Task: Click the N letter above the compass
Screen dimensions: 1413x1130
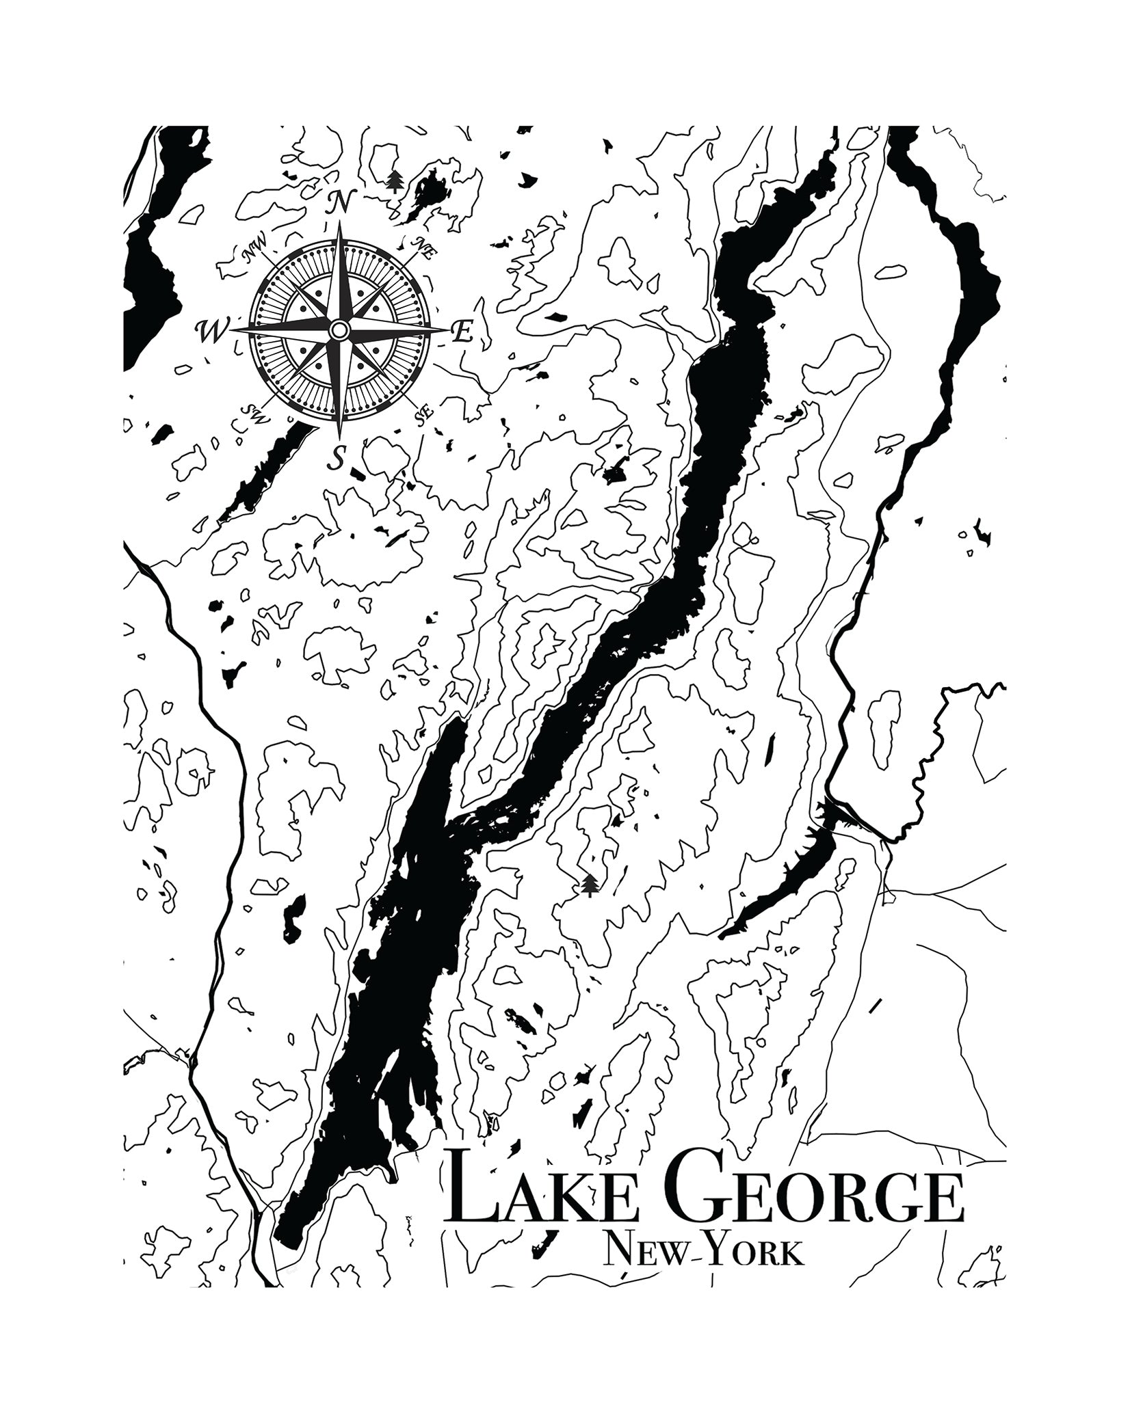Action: [340, 203]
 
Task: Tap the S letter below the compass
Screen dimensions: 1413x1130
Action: [336, 458]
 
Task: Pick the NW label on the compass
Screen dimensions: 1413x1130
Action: [254, 254]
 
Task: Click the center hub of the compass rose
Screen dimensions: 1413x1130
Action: [338, 330]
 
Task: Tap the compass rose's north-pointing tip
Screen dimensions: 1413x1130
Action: [339, 228]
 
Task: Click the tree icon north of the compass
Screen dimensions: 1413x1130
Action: [393, 181]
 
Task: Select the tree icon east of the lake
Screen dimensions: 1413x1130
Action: [589, 885]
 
